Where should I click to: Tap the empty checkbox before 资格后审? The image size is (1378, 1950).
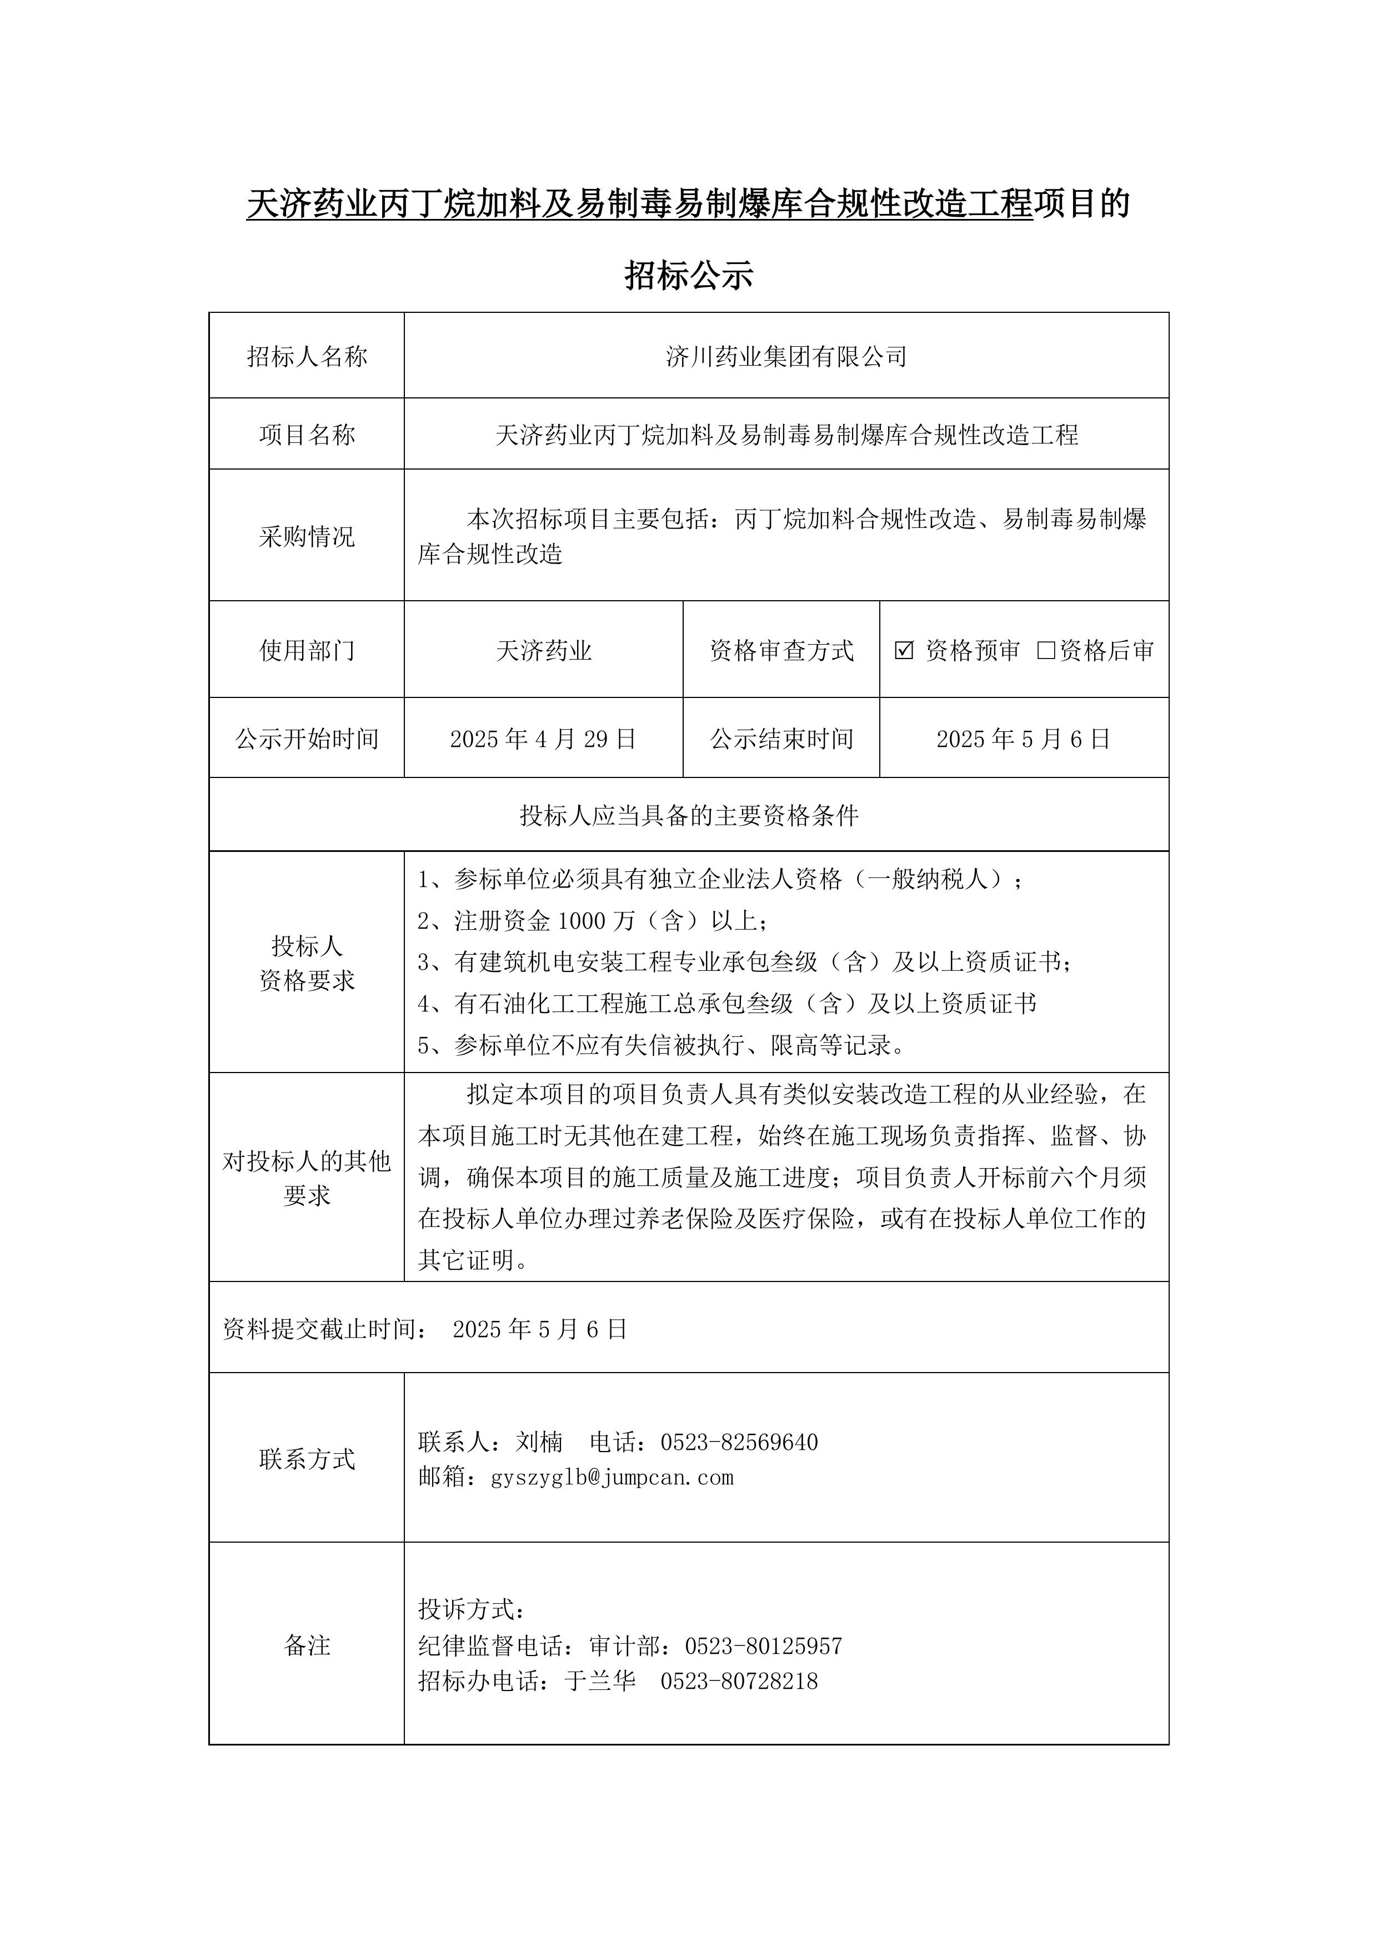(x=1046, y=651)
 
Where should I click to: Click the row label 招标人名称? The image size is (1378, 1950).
(x=307, y=357)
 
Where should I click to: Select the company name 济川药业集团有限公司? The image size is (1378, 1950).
(x=786, y=357)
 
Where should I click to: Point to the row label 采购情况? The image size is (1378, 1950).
(x=307, y=537)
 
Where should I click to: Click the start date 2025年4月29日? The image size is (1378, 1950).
(x=543, y=739)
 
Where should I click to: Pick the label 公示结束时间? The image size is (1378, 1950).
(x=781, y=739)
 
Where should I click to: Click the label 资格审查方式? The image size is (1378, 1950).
(x=781, y=651)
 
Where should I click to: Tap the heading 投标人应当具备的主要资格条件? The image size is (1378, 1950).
(x=689, y=816)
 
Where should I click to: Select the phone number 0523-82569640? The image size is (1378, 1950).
(x=739, y=1442)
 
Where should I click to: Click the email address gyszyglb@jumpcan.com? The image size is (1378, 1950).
(x=612, y=1477)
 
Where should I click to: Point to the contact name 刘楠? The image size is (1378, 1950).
(x=539, y=1442)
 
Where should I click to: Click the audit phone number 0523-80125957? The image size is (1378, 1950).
(x=763, y=1646)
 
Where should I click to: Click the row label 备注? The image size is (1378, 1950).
(x=307, y=1646)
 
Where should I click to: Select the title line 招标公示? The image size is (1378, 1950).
(x=689, y=275)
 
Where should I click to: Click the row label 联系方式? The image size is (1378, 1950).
(x=307, y=1459)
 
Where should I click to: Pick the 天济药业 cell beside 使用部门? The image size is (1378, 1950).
(x=543, y=651)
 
